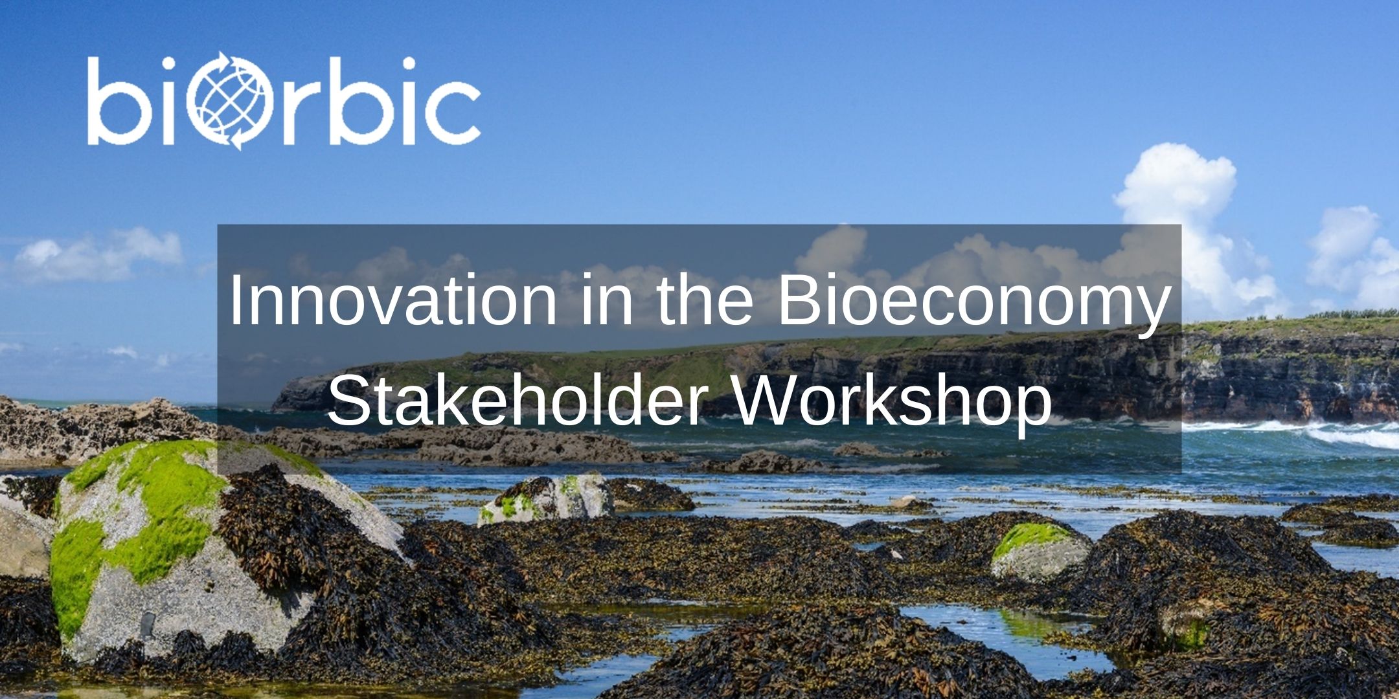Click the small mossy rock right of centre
pos(1040,550)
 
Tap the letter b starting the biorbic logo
pos(114,100)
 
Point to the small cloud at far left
pos(97,256)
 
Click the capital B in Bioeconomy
pos(797,301)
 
